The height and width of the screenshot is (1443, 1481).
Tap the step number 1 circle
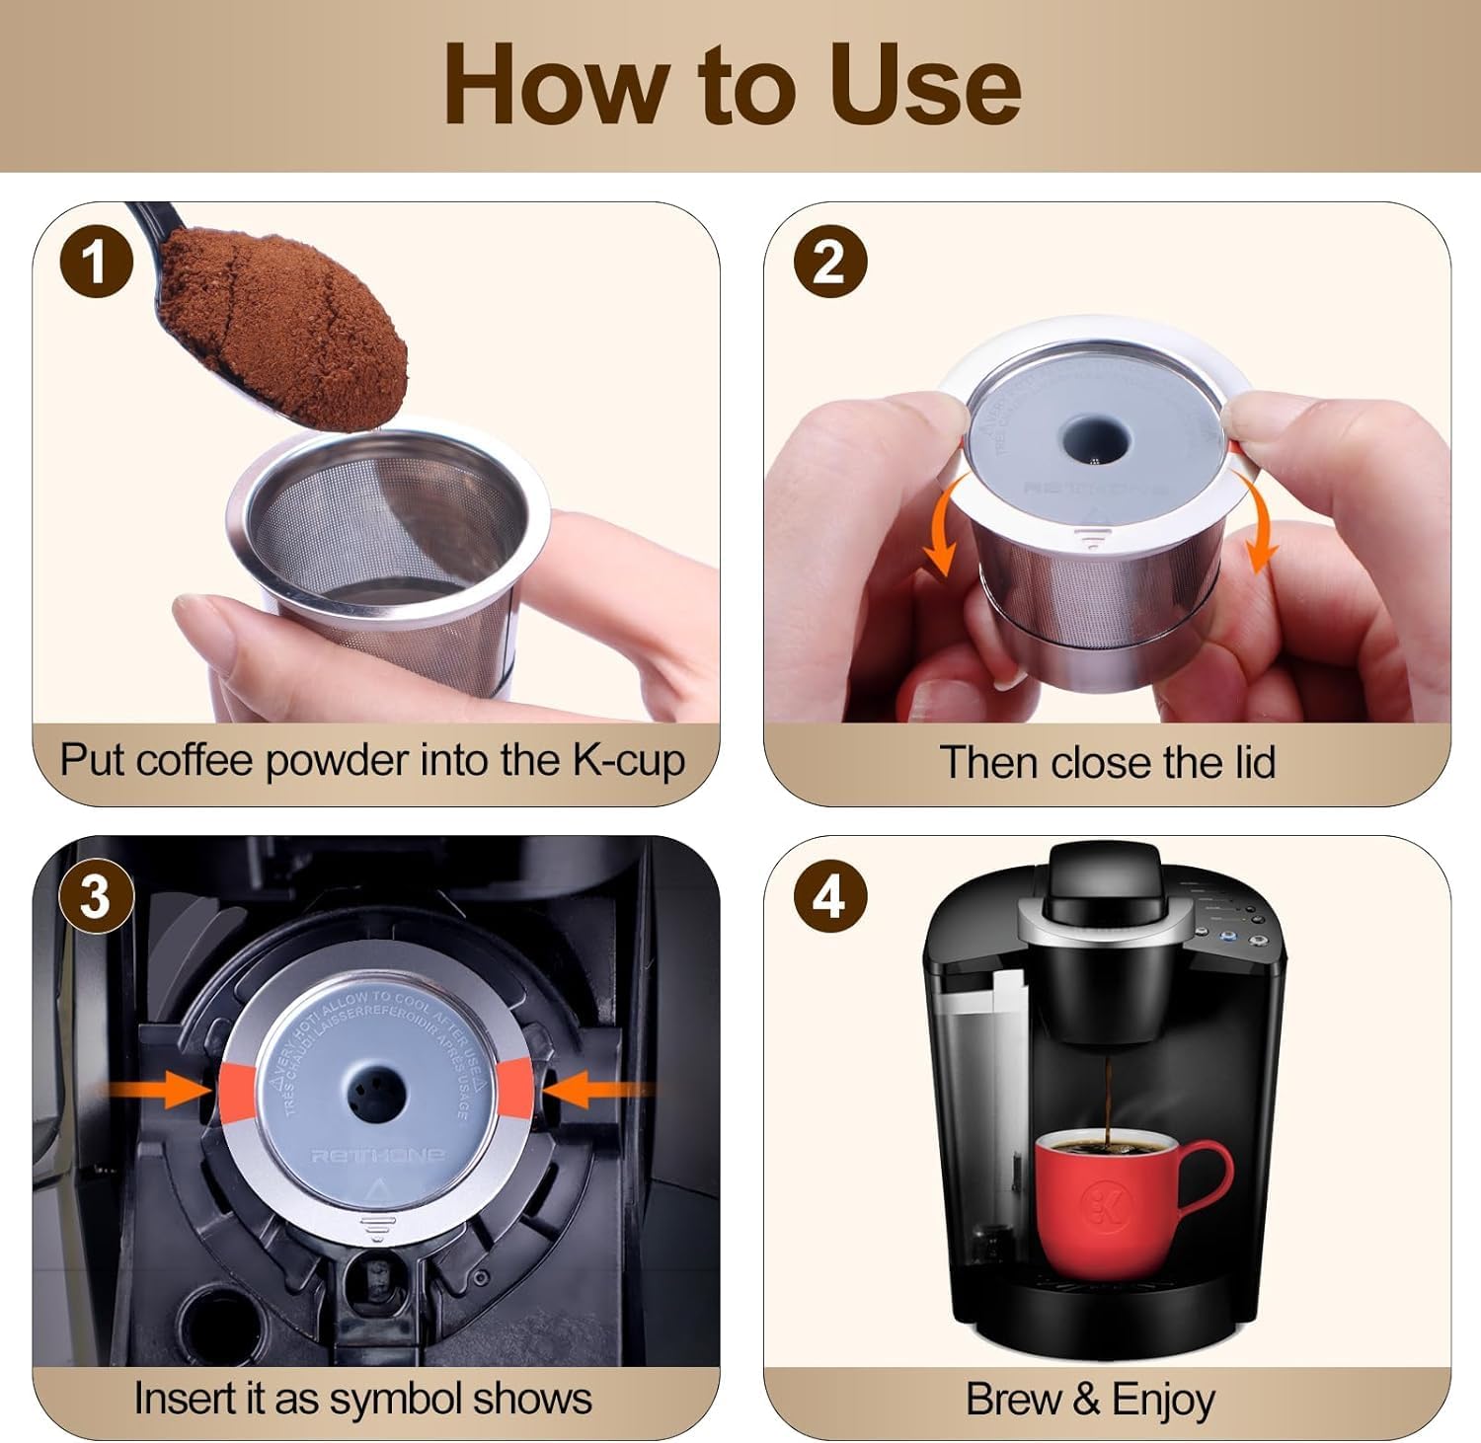point(96,263)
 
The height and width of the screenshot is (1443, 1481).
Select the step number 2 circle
point(829,263)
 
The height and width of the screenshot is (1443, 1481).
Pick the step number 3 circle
point(96,897)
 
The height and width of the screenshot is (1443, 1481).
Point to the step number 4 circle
point(829,897)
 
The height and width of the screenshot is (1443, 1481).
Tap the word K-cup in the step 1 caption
point(628,761)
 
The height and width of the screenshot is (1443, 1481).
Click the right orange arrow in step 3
point(592,1090)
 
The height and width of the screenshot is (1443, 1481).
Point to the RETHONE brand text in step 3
point(377,1156)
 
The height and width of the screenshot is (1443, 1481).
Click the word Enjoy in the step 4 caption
point(1162,1400)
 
